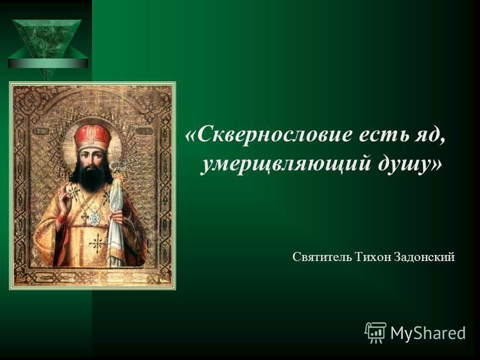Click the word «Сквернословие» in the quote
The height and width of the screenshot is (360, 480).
273,134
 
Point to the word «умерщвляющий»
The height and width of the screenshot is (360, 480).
286,166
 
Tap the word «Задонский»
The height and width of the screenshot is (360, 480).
424,257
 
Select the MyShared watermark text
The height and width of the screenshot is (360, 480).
428,332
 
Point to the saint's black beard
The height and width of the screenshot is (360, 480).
92,178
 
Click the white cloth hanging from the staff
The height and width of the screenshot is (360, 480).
118,214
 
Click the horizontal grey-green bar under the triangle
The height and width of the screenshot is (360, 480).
48,64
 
